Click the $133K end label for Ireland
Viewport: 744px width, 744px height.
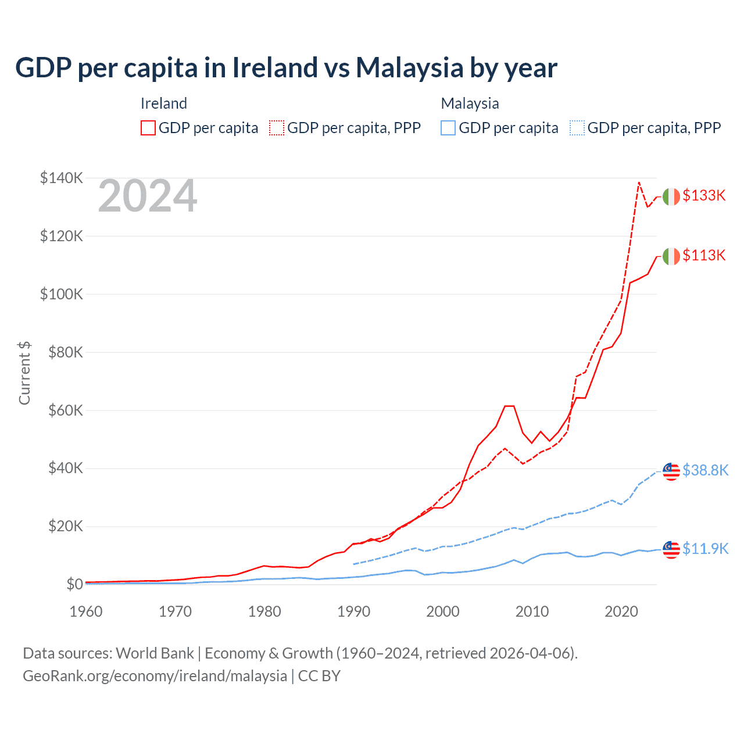coord(704,195)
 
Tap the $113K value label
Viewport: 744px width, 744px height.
coord(704,255)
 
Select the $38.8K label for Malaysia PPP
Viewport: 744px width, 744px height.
coord(705,470)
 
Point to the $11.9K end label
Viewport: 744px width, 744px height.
coord(705,549)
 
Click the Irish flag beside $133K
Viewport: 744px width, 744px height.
coord(671,196)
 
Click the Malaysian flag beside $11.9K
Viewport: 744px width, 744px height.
coord(671,549)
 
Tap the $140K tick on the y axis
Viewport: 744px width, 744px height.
coord(61,178)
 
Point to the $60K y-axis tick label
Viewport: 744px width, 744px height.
coord(63,410)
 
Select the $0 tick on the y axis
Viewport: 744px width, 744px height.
coord(74,584)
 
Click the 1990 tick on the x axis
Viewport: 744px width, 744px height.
coord(353,611)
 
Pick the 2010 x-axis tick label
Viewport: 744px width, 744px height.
coord(532,611)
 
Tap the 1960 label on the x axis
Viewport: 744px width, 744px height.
coord(86,611)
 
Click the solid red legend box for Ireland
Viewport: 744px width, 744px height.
coord(148,128)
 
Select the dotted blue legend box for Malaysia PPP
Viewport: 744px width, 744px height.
coord(577,128)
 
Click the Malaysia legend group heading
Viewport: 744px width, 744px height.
coord(470,103)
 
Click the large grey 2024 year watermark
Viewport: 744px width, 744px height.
coord(148,196)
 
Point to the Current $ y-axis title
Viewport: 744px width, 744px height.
coord(24,373)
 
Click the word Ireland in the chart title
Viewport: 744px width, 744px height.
coord(274,67)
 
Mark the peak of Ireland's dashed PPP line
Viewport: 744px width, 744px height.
coord(639,183)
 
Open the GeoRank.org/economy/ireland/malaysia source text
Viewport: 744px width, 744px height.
coord(155,676)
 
